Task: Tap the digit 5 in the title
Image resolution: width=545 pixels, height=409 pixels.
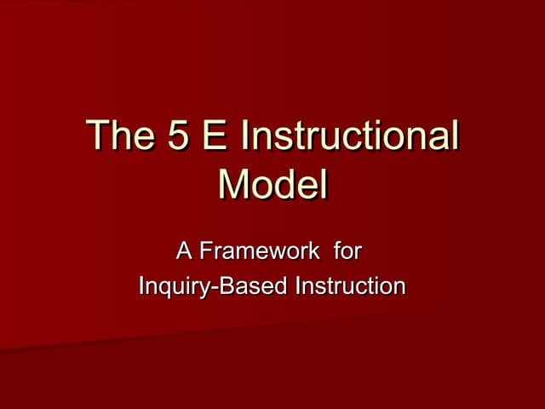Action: coord(180,139)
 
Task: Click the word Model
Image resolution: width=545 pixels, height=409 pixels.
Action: coord(272,186)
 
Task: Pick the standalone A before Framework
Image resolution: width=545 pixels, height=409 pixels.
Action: coord(183,251)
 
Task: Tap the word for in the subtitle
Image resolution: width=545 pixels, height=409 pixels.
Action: coord(347,251)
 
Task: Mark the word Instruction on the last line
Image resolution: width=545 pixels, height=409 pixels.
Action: coord(348,285)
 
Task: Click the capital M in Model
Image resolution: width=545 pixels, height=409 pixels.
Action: coord(234,186)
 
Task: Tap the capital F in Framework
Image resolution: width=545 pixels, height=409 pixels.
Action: coord(205,251)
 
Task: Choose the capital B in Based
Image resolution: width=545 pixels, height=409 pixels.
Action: coord(226,285)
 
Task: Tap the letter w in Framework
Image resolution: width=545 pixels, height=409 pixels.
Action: coord(279,253)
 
